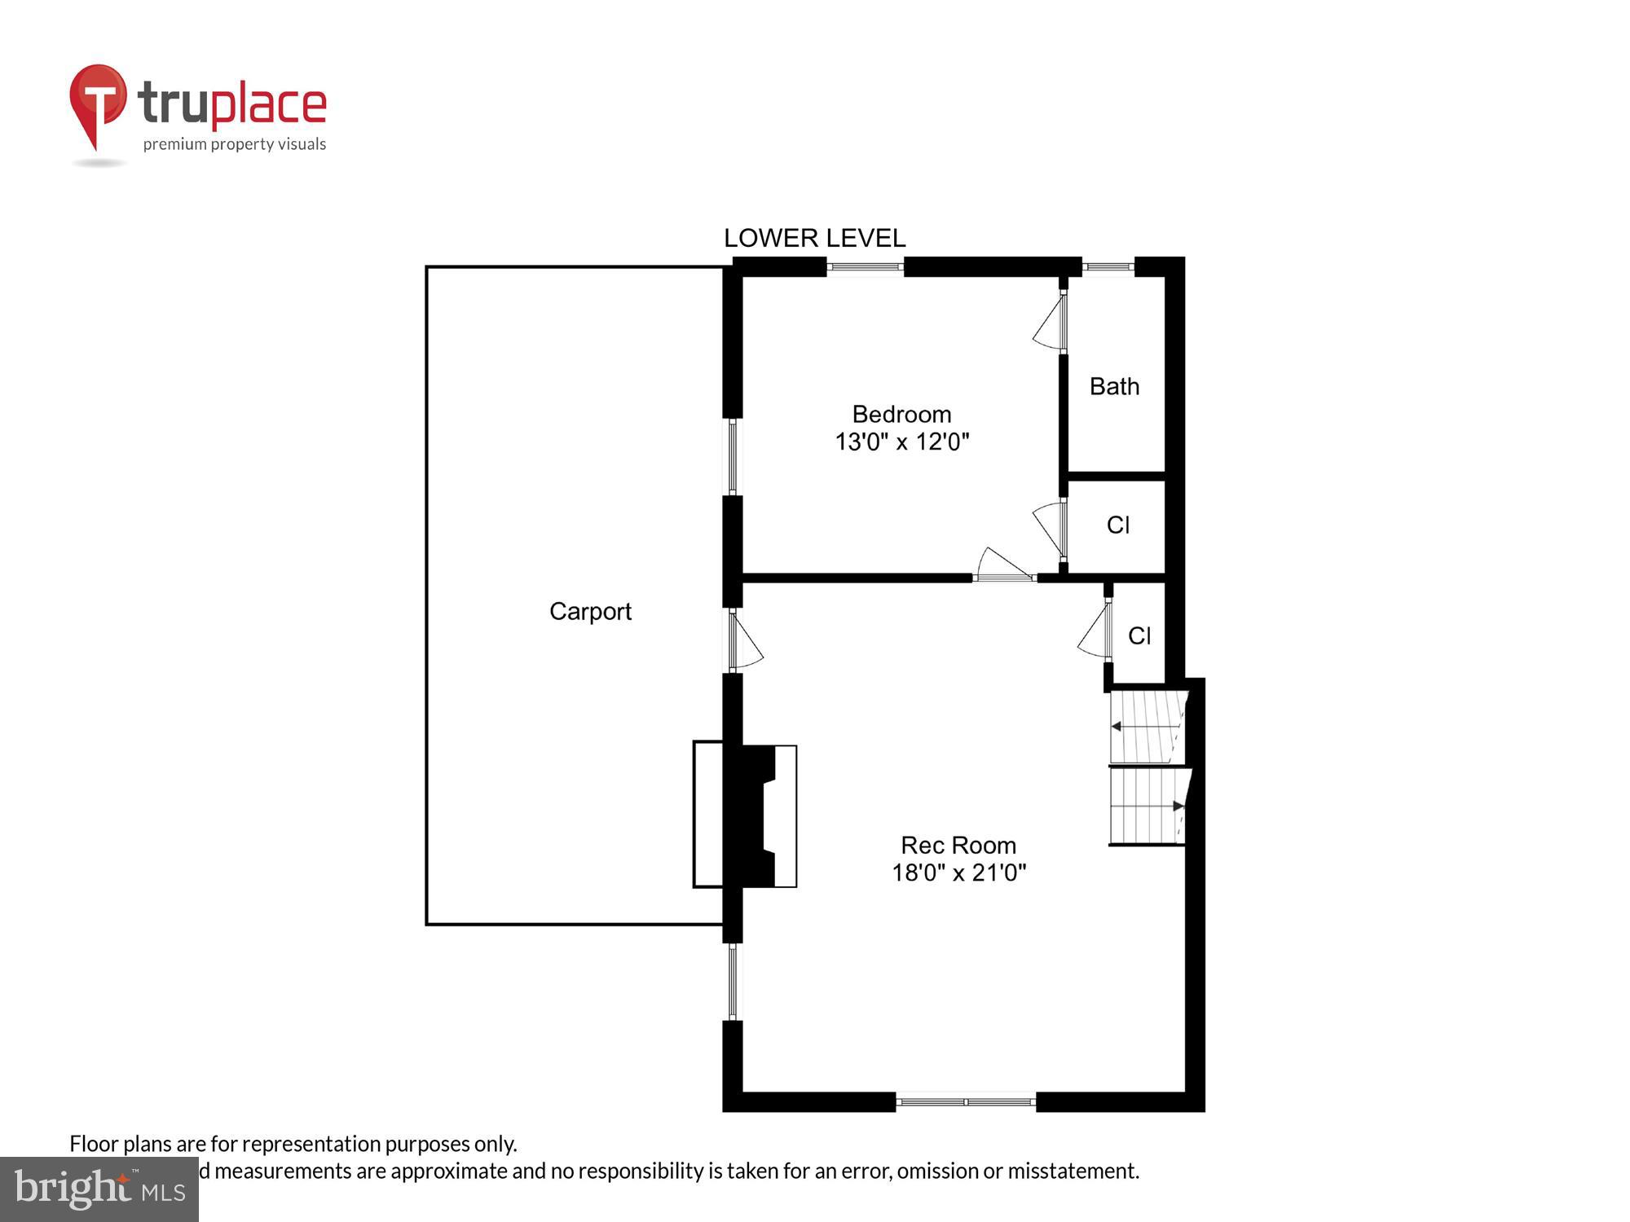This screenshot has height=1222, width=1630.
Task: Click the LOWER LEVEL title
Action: (x=814, y=238)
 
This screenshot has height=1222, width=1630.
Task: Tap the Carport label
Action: (x=590, y=611)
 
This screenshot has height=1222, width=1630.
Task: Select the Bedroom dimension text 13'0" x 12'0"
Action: (x=901, y=442)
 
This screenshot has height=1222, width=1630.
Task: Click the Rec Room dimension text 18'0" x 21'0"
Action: (x=958, y=873)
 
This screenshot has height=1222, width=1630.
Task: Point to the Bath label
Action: (x=1114, y=386)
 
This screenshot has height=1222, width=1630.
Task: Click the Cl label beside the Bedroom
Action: (x=1117, y=525)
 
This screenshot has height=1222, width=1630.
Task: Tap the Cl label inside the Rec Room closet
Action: (x=1139, y=635)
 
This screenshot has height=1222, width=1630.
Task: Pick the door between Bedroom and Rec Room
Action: (x=1004, y=567)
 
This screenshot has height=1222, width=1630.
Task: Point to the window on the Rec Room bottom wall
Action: (x=966, y=1101)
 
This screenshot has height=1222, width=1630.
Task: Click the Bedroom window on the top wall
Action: (x=866, y=266)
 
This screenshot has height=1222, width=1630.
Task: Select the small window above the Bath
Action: (x=1108, y=266)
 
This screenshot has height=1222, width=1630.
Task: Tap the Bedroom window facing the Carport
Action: (x=733, y=456)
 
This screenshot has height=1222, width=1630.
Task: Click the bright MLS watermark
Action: (x=99, y=1189)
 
